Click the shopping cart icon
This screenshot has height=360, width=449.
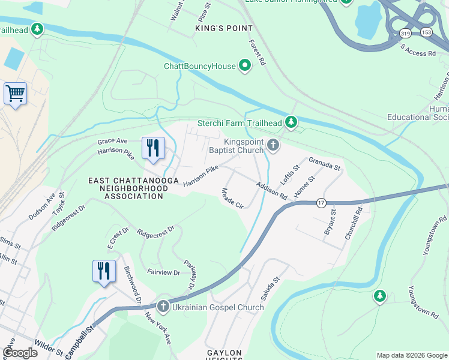(15, 94)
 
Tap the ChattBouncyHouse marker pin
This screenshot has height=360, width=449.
(245, 66)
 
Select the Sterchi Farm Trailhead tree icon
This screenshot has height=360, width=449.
(291, 123)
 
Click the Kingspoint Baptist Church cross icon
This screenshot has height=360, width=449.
(273, 145)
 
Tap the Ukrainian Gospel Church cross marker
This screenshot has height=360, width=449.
(163, 307)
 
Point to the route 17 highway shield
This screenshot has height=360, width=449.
(322, 203)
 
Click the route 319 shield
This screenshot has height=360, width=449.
(405, 33)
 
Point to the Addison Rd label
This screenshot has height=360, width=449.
(271, 191)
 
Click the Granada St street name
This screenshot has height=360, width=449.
(325, 163)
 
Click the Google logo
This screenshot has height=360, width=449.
(20, 353)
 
